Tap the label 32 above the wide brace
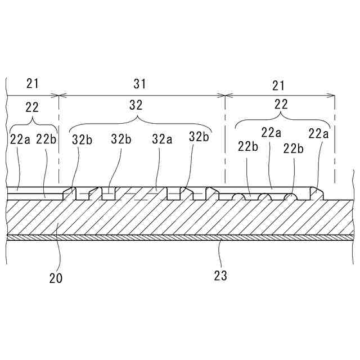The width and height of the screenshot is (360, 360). coord(136,105)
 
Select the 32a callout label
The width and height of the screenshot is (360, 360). coord(161,138)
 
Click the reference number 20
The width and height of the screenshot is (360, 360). coord(55,277)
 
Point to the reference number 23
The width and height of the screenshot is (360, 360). coord(221,276)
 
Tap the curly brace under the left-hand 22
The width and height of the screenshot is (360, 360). coord(33,122)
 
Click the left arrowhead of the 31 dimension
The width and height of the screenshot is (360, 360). coord(61,95)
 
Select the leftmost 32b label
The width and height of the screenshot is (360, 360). coord(82,139)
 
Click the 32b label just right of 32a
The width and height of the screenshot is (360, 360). coord(199,137)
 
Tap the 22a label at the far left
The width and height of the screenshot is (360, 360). coord(20,139)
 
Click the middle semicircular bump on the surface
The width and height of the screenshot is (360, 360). coord(263,197)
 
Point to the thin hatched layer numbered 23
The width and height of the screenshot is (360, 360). coord(180,237)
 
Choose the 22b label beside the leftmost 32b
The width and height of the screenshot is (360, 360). coord(46,139)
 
